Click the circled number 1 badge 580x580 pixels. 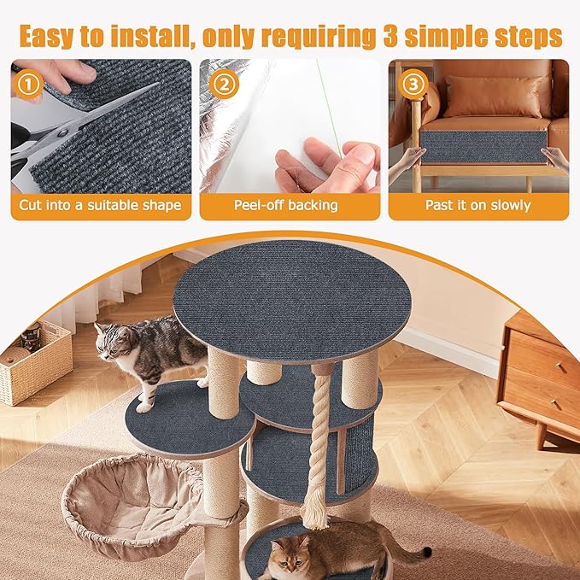pyautogui.click(x=29, y=85)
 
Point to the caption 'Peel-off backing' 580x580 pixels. pyautogui.click(x=286, y=206)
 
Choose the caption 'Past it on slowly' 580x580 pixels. pyautogui.click(x=477, y=206)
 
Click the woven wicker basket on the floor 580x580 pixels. pyautogui.click(x=34, y=363)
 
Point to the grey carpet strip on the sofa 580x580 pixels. pyautogui.click(x=483, y=145)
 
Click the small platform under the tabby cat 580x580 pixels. pyautogui.click(x=184, y=419)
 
